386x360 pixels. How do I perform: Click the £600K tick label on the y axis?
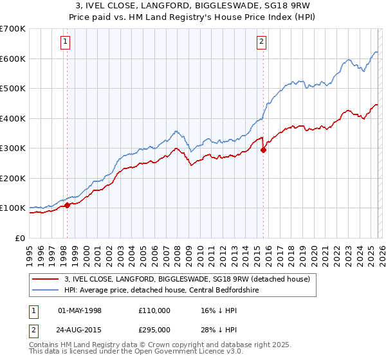pyautogui.click(x=12, y=59)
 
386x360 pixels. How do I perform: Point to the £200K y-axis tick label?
pyautogui.click(x=12, y=178)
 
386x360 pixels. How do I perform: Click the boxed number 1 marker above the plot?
pyautogui.click(x=66, y=42)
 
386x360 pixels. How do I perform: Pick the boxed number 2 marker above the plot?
pyautogui.click(x=262, y=42)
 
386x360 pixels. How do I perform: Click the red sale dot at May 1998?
pyautogui.click(x=67, y=205)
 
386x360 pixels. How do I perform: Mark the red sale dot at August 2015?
pyautogui.click(x=263, y=150)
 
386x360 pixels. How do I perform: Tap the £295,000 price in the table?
pyautogui.click(x=154, y=328)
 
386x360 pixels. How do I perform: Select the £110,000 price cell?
pyautogui.click(x=154, y=310)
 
